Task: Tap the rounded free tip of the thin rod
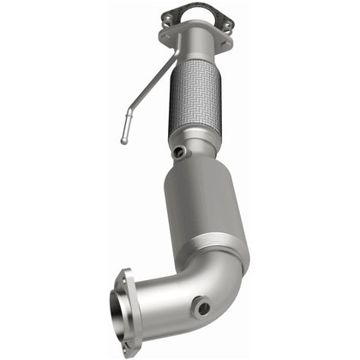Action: pos(123,140)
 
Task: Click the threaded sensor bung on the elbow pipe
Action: pos(202,303)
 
